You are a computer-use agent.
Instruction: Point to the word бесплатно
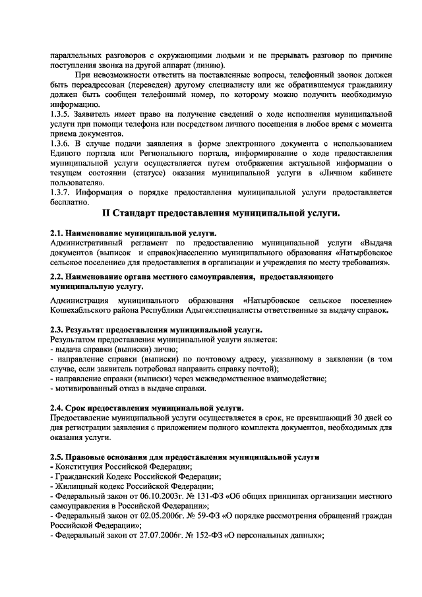pos(70,202)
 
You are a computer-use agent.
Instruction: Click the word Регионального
pos(148,153)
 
